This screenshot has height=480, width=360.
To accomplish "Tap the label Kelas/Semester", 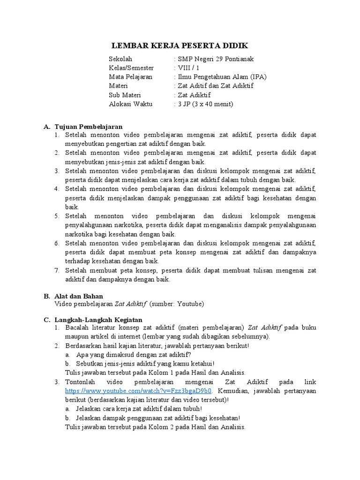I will tap(131, 68).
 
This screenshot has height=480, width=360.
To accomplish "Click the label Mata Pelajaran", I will tap(130, 77).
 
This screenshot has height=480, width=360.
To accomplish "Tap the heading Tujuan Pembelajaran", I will tap(89, 127).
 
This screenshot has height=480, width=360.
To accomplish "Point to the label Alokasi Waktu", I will tap(131, 104).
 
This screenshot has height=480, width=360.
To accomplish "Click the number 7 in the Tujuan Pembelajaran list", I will tap(56, 270).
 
